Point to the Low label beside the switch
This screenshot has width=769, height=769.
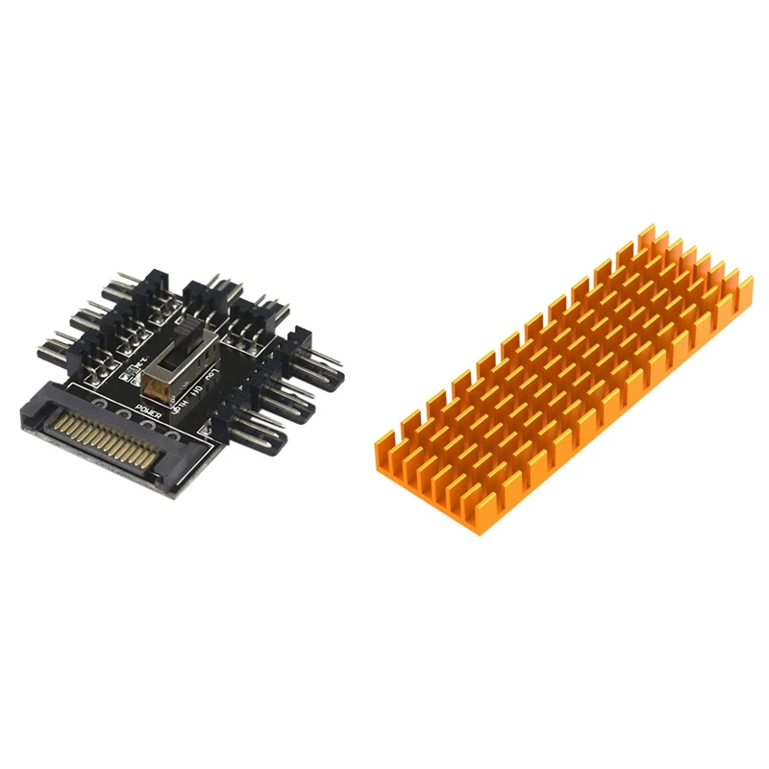(213, 374)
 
